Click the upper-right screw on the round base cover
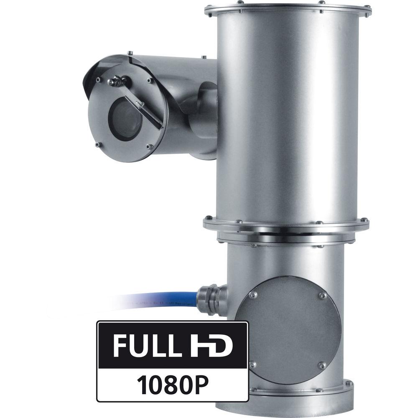coord(322,295)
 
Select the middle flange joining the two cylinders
coord(287,226)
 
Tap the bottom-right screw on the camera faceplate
coord(149,146)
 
